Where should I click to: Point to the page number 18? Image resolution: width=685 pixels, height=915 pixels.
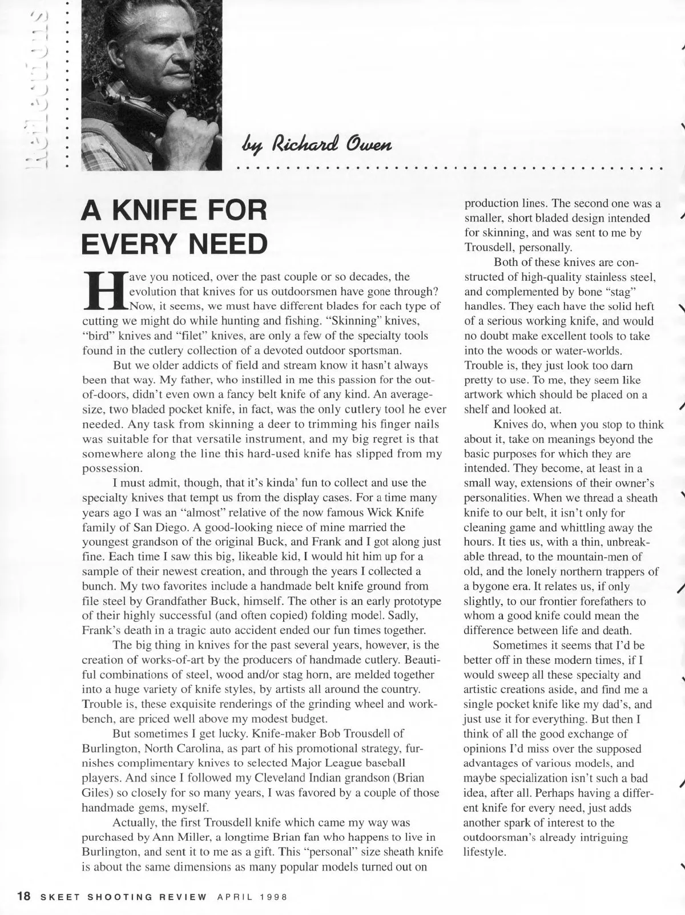(x=23, y=896)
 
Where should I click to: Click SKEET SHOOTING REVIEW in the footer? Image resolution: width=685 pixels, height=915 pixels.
(x=123, y=896)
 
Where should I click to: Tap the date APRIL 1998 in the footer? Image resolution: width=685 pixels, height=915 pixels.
(x=251, y=896)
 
